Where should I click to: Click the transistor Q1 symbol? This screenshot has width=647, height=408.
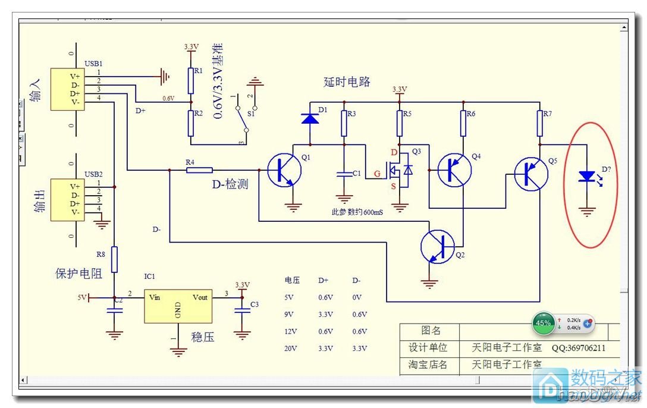point(284,170)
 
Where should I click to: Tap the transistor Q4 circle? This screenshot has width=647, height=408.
point(455,169)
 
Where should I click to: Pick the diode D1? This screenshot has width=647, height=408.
point(309,119)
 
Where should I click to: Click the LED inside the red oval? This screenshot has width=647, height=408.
point(588,177)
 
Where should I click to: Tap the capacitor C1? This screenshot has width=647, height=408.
point(344,174)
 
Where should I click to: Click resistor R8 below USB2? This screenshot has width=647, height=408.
point(115,259)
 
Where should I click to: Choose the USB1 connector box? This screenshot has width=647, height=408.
point(66,89)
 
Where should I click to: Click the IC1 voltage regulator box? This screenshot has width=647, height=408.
point(178,306)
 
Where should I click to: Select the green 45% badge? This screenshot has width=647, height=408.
point(544,323)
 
